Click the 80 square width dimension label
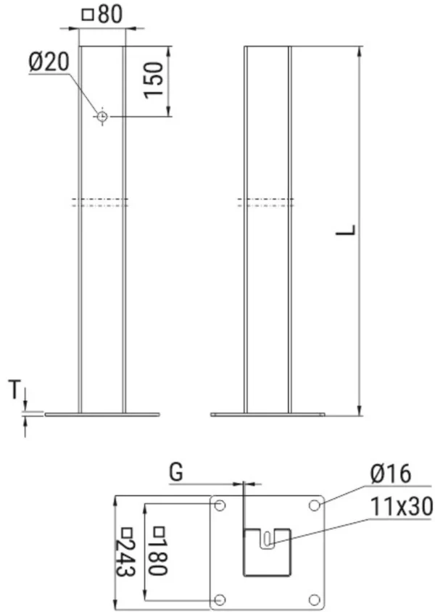(103, 15)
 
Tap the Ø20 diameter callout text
(49, 62)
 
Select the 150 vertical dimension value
(153, 80)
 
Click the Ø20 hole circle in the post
(102, 116)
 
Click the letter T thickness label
(14, 389)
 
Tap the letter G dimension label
(176, 472)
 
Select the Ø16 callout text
(391, 474)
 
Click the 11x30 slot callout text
(401, 507)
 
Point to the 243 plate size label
(126, 552)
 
